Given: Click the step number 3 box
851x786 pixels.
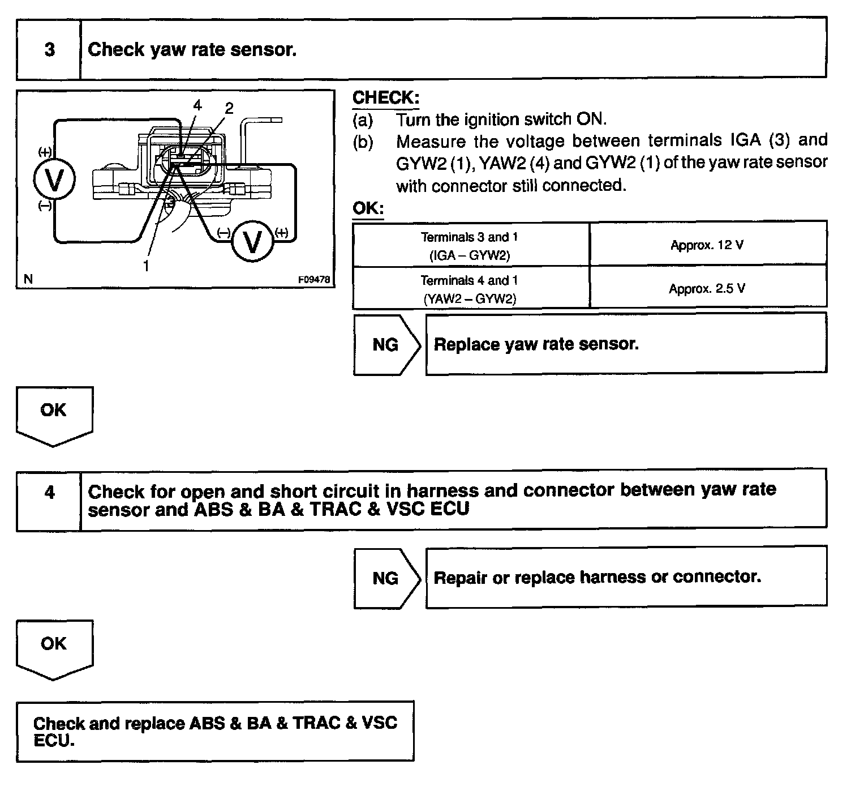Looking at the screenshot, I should [x=49, y=50].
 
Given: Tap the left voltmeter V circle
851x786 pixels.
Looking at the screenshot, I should [x=54, y=180].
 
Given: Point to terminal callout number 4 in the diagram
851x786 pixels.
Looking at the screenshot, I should [x=196, y=105].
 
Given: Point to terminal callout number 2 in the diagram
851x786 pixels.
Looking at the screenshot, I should [x=229, y=108].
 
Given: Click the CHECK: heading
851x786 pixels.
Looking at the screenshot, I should [x=385, y=97].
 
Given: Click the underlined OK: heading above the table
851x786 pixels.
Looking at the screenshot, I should [x=368, y=208].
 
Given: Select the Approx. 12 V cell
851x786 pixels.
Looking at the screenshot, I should [x=707, y=245].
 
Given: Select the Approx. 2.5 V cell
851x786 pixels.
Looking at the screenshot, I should [x=707, y=288].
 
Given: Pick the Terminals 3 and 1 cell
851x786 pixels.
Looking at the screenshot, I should [x=470, y=245].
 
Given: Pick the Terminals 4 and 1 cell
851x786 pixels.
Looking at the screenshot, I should [x=470, y=289].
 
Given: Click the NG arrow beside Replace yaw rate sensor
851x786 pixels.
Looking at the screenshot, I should [x=386, y=344].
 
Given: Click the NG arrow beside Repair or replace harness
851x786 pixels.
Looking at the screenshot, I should [x=386, y=578].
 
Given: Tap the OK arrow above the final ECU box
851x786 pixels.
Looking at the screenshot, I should [x=54, y=646].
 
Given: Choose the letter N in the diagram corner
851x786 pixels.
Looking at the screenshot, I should [x=28, y=279].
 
